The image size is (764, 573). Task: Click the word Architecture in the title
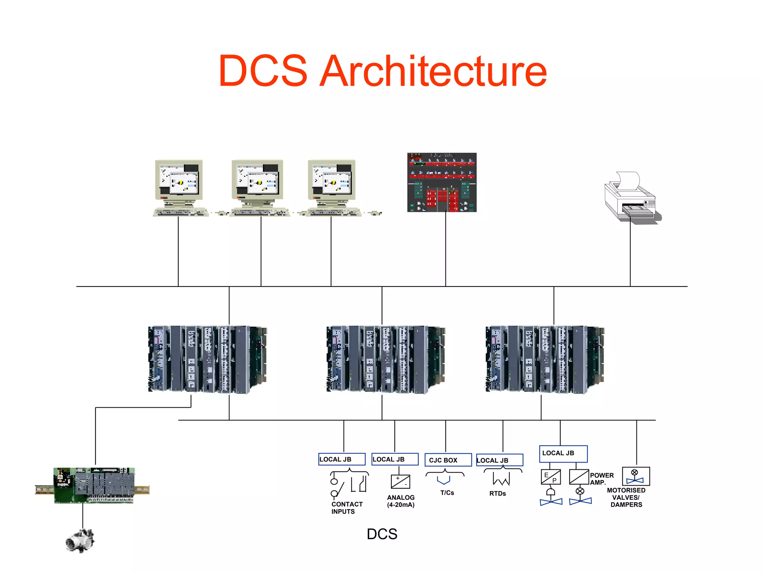(433, 71)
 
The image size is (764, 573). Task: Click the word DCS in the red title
(263, 71)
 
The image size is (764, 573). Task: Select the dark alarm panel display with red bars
(442, 182)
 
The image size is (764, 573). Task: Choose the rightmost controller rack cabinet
(545, 359)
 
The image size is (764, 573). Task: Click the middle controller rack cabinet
(386, 359)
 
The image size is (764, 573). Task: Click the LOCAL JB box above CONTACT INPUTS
(342, 459)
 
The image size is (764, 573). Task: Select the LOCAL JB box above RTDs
(500, 460)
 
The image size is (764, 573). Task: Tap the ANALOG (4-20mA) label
(401, 501)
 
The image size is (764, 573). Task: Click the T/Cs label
(447, 493)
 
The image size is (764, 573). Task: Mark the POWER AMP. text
(601, 479)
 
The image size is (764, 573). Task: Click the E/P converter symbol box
(551, 477)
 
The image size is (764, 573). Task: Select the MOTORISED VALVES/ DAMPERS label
(626, 497)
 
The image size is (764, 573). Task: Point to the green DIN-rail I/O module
(94, 485)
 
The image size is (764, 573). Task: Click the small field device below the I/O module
(80, 541)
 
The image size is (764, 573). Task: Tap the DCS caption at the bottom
(382, 534)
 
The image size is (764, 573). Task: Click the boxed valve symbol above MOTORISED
(636, 476)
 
